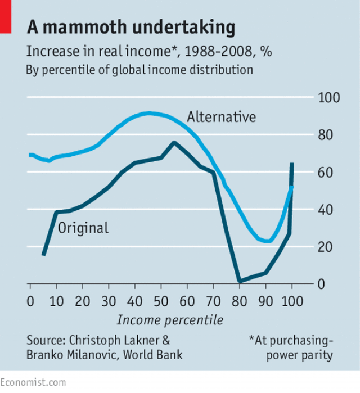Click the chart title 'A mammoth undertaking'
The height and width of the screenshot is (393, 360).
coord(131,27)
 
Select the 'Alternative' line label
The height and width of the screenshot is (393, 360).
coord(221,117)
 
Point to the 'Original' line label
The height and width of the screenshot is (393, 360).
coord(83,228)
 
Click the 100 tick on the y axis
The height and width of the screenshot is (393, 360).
coord(329,98)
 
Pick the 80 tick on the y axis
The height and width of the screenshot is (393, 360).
coord(329,135)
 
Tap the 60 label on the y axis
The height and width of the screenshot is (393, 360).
coord(329,173)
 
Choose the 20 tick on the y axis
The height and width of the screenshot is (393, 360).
coord(329,247)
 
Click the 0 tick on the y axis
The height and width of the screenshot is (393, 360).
coord(329,284)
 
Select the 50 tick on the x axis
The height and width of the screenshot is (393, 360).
coord(161,301)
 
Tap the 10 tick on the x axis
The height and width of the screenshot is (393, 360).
coord(56,301)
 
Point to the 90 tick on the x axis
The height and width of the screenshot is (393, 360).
coord(265,301)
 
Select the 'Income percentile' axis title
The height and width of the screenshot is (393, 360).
coord(170,320)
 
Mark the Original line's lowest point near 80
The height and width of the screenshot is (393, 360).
coord(240,281)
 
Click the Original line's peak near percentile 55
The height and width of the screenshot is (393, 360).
coord(174,142)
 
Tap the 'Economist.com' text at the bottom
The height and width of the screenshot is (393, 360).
coord(33,382)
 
